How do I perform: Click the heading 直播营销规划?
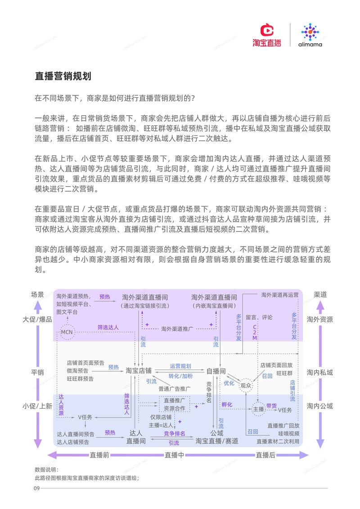[x=63, y=76]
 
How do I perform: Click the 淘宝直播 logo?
[x=266, y=36]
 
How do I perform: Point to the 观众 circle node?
[x=246, y=385]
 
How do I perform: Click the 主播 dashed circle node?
[x=258, y=410]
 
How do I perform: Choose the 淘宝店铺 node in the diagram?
[x=139, y=370]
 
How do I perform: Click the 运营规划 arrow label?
[x=180, y=366]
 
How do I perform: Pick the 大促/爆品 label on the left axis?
[x=37, y=319]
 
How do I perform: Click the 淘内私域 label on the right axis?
[x=320, y=372]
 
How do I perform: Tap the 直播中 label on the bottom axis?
[x=174, y=455]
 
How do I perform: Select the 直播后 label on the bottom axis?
[x=265, y=455]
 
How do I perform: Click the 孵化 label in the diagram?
[x=227, y=405]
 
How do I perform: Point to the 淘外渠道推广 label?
[x=177, y=329]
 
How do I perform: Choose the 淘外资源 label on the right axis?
[x=320, y=319]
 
